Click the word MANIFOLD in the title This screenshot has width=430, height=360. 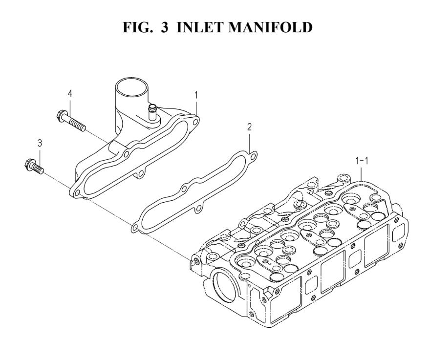[270, 27]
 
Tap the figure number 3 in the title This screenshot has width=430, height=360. [164, 27]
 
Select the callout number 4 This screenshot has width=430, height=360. [70, 94]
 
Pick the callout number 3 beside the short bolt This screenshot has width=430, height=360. [40, 143]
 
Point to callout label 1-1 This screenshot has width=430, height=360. [362, 161]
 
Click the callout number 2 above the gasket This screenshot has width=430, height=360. [249, 127]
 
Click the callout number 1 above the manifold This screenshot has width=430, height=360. [196, 95]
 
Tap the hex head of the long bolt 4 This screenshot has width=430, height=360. [61, 115]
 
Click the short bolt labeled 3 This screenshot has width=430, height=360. [34, 166]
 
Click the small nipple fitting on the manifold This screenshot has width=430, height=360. [151, 112]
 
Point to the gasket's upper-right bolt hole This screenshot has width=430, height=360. [253, 157]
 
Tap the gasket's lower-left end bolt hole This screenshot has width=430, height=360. [135, 228]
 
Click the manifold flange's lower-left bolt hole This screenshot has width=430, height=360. [77, 193]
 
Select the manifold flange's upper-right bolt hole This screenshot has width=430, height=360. [195, 121]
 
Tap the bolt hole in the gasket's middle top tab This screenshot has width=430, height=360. [184, 189]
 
